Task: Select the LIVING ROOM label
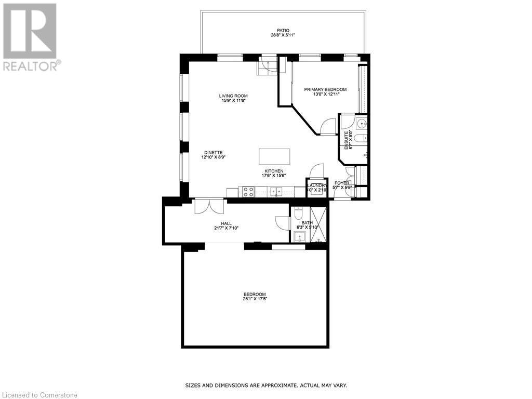pos(233,96)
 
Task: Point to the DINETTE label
pos(213,152)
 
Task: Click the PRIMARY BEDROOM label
pos(325,89)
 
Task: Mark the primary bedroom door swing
pos(328,127)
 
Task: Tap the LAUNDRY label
pos(316,185)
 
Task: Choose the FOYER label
pos(342,183)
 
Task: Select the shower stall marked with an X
pos(318,224)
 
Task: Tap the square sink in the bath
pos(300,237)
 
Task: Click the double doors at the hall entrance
pos(209,206)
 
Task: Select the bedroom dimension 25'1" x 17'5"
pos(255,299)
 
